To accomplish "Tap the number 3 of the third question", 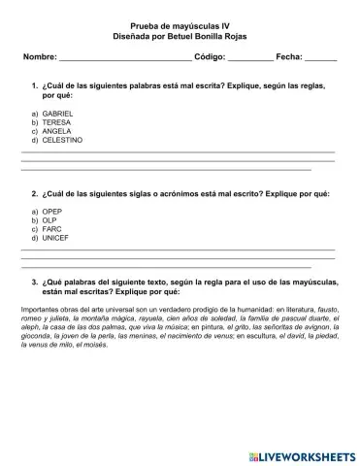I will (34, 282).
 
